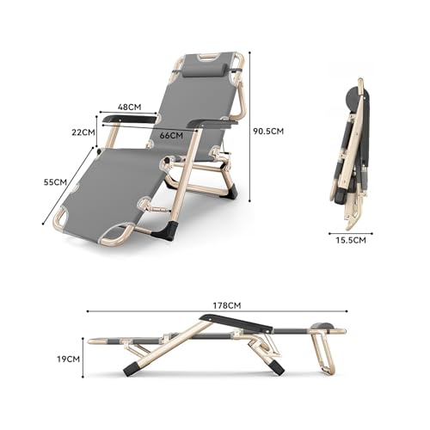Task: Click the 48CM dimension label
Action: point(129,107)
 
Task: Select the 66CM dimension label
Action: point(171,135)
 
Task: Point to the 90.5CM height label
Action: point(268,132)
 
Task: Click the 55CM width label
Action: point(55,181)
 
